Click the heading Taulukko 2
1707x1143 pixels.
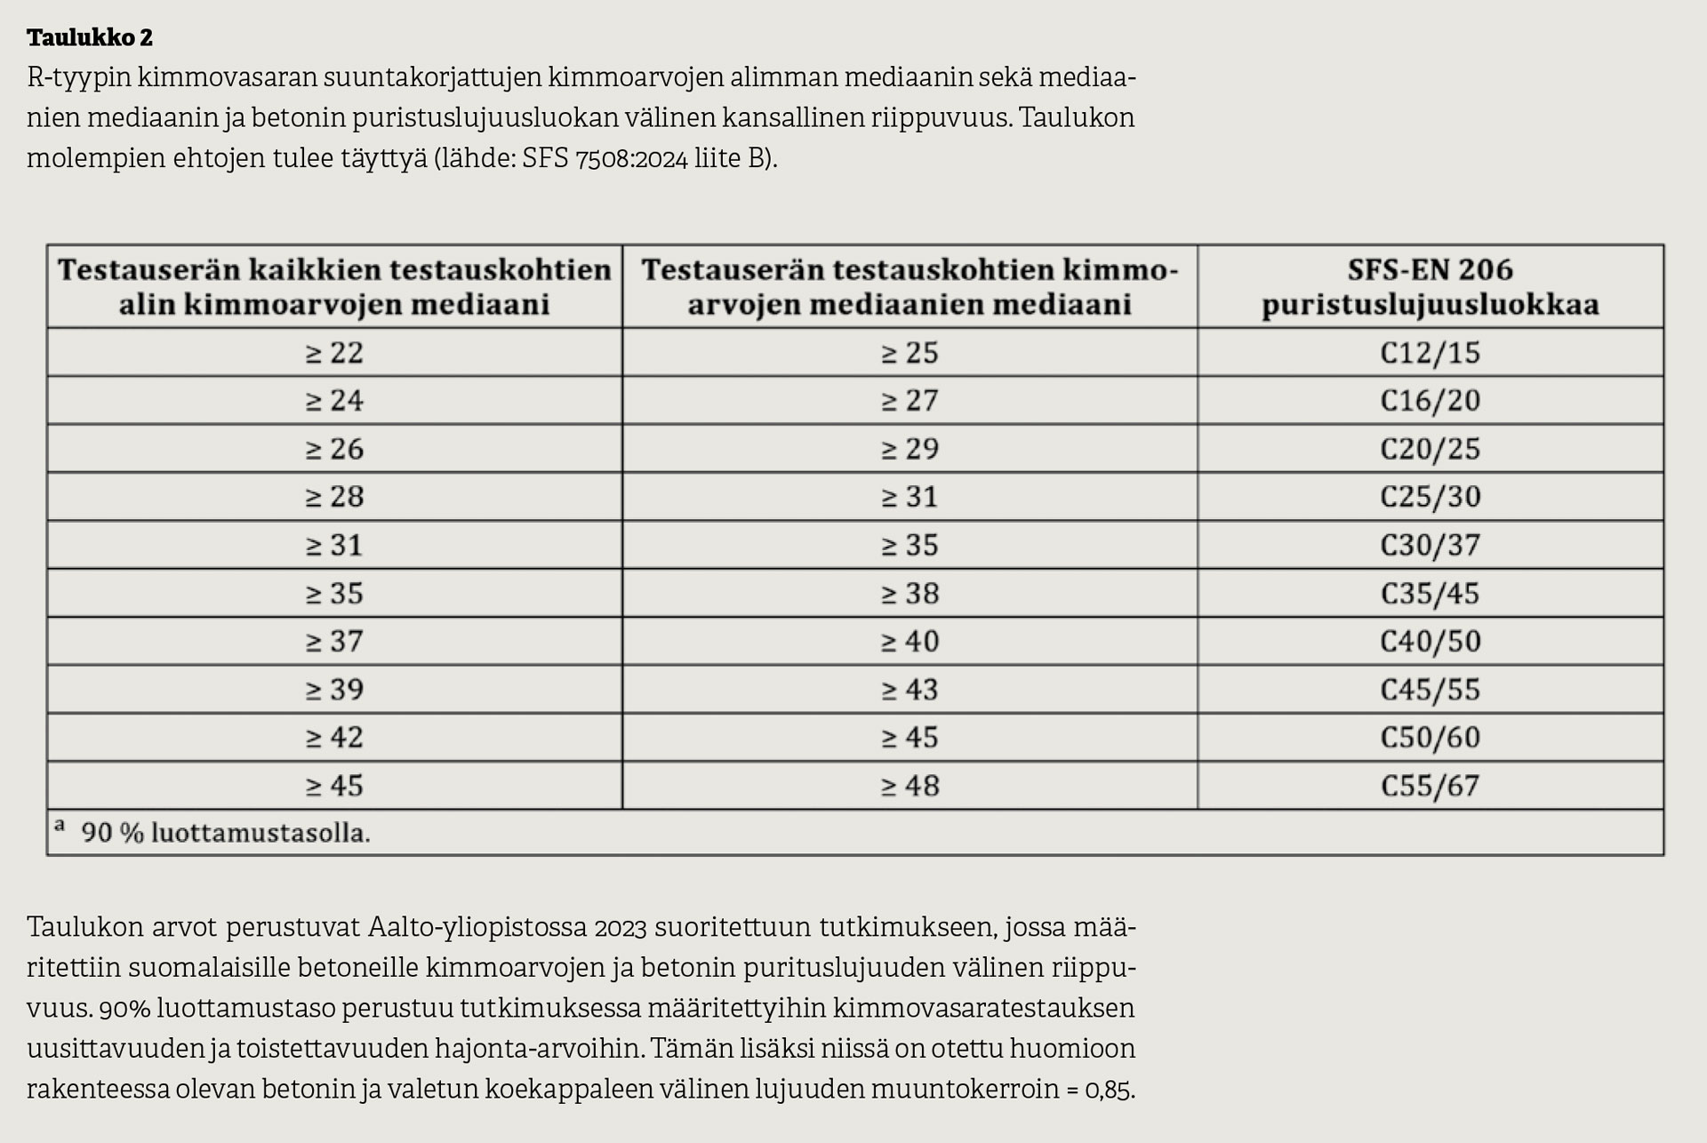tap(90, 37)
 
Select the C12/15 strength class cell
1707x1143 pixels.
tap(1430, 353)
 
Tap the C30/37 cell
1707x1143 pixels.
tap(1430, 545)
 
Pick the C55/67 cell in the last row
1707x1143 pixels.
tap(1430, 786)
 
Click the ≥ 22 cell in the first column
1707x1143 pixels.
tap(334, 353)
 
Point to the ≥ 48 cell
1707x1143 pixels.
tap(910, 786)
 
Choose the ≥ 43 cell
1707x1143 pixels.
tap(910, 690)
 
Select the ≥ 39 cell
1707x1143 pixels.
tap(334, 690)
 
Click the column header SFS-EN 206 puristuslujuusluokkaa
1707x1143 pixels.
tap(1430, 287)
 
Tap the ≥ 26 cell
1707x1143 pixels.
tap(334, 449)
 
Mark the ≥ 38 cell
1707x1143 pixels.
tap(910, 593)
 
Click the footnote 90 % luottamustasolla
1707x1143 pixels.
tap(225, 833)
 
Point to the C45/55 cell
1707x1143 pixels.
tap(1430, 690)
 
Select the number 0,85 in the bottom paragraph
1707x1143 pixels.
tap(1109, 1090)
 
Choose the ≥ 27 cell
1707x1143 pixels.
tap(910, 401)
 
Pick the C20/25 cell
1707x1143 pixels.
tap(1430, 449)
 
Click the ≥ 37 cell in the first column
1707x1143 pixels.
tap(334, 641)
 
